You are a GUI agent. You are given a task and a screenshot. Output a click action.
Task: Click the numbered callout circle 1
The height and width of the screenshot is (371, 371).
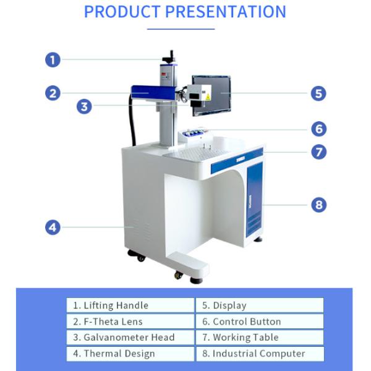pos(53,60)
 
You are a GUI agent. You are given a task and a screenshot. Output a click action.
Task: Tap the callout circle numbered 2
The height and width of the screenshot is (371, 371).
pos(53,93)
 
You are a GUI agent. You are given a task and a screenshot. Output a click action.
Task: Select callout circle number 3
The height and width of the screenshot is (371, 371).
pos(85,106)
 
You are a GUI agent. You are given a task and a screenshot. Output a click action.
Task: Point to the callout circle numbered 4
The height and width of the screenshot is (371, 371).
pos(53,228)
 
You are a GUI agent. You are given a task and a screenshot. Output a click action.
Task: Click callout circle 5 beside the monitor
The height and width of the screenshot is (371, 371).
pos(318,93)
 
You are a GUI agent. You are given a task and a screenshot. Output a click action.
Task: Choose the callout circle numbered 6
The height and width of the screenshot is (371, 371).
pos(318,129)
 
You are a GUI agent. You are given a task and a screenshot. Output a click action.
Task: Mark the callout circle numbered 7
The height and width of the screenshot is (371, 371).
pos(318,151)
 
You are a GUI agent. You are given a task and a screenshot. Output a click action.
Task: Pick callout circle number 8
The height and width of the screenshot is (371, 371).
pos(318,205)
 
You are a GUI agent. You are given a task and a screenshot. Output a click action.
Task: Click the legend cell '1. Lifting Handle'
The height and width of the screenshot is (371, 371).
pos(130,305)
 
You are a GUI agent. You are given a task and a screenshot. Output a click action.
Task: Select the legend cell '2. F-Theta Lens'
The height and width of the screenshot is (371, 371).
pos(130,322)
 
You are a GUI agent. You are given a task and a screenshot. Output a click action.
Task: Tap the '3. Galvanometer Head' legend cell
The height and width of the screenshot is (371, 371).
pos(130,338)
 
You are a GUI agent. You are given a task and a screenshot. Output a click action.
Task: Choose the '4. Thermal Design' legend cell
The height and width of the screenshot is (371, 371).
pos(130,354)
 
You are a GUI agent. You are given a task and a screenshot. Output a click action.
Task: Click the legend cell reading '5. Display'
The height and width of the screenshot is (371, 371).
pos(260,305)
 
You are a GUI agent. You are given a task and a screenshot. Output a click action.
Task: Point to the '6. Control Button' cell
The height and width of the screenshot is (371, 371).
pos(260,322)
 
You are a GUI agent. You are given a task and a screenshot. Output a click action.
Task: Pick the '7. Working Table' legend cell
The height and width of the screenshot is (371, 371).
pos(260,338)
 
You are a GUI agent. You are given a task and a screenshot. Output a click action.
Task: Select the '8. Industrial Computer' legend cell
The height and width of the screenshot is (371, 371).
pos(260,354)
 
